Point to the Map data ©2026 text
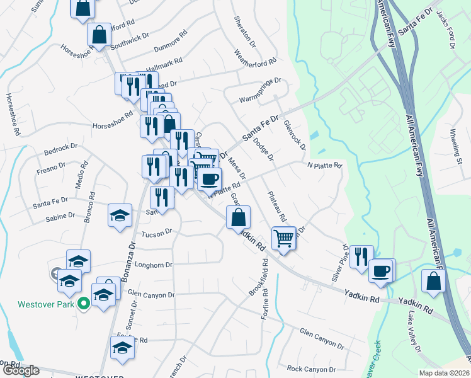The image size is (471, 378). tap(443, 372)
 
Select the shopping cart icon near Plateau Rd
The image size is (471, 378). tap(284, 238)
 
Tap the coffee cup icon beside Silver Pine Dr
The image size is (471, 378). tap(380, 271)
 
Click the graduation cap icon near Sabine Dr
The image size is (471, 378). tap(120, 215)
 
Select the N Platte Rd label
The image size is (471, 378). tap(324, 166)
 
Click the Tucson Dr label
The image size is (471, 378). tap(157, 233)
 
